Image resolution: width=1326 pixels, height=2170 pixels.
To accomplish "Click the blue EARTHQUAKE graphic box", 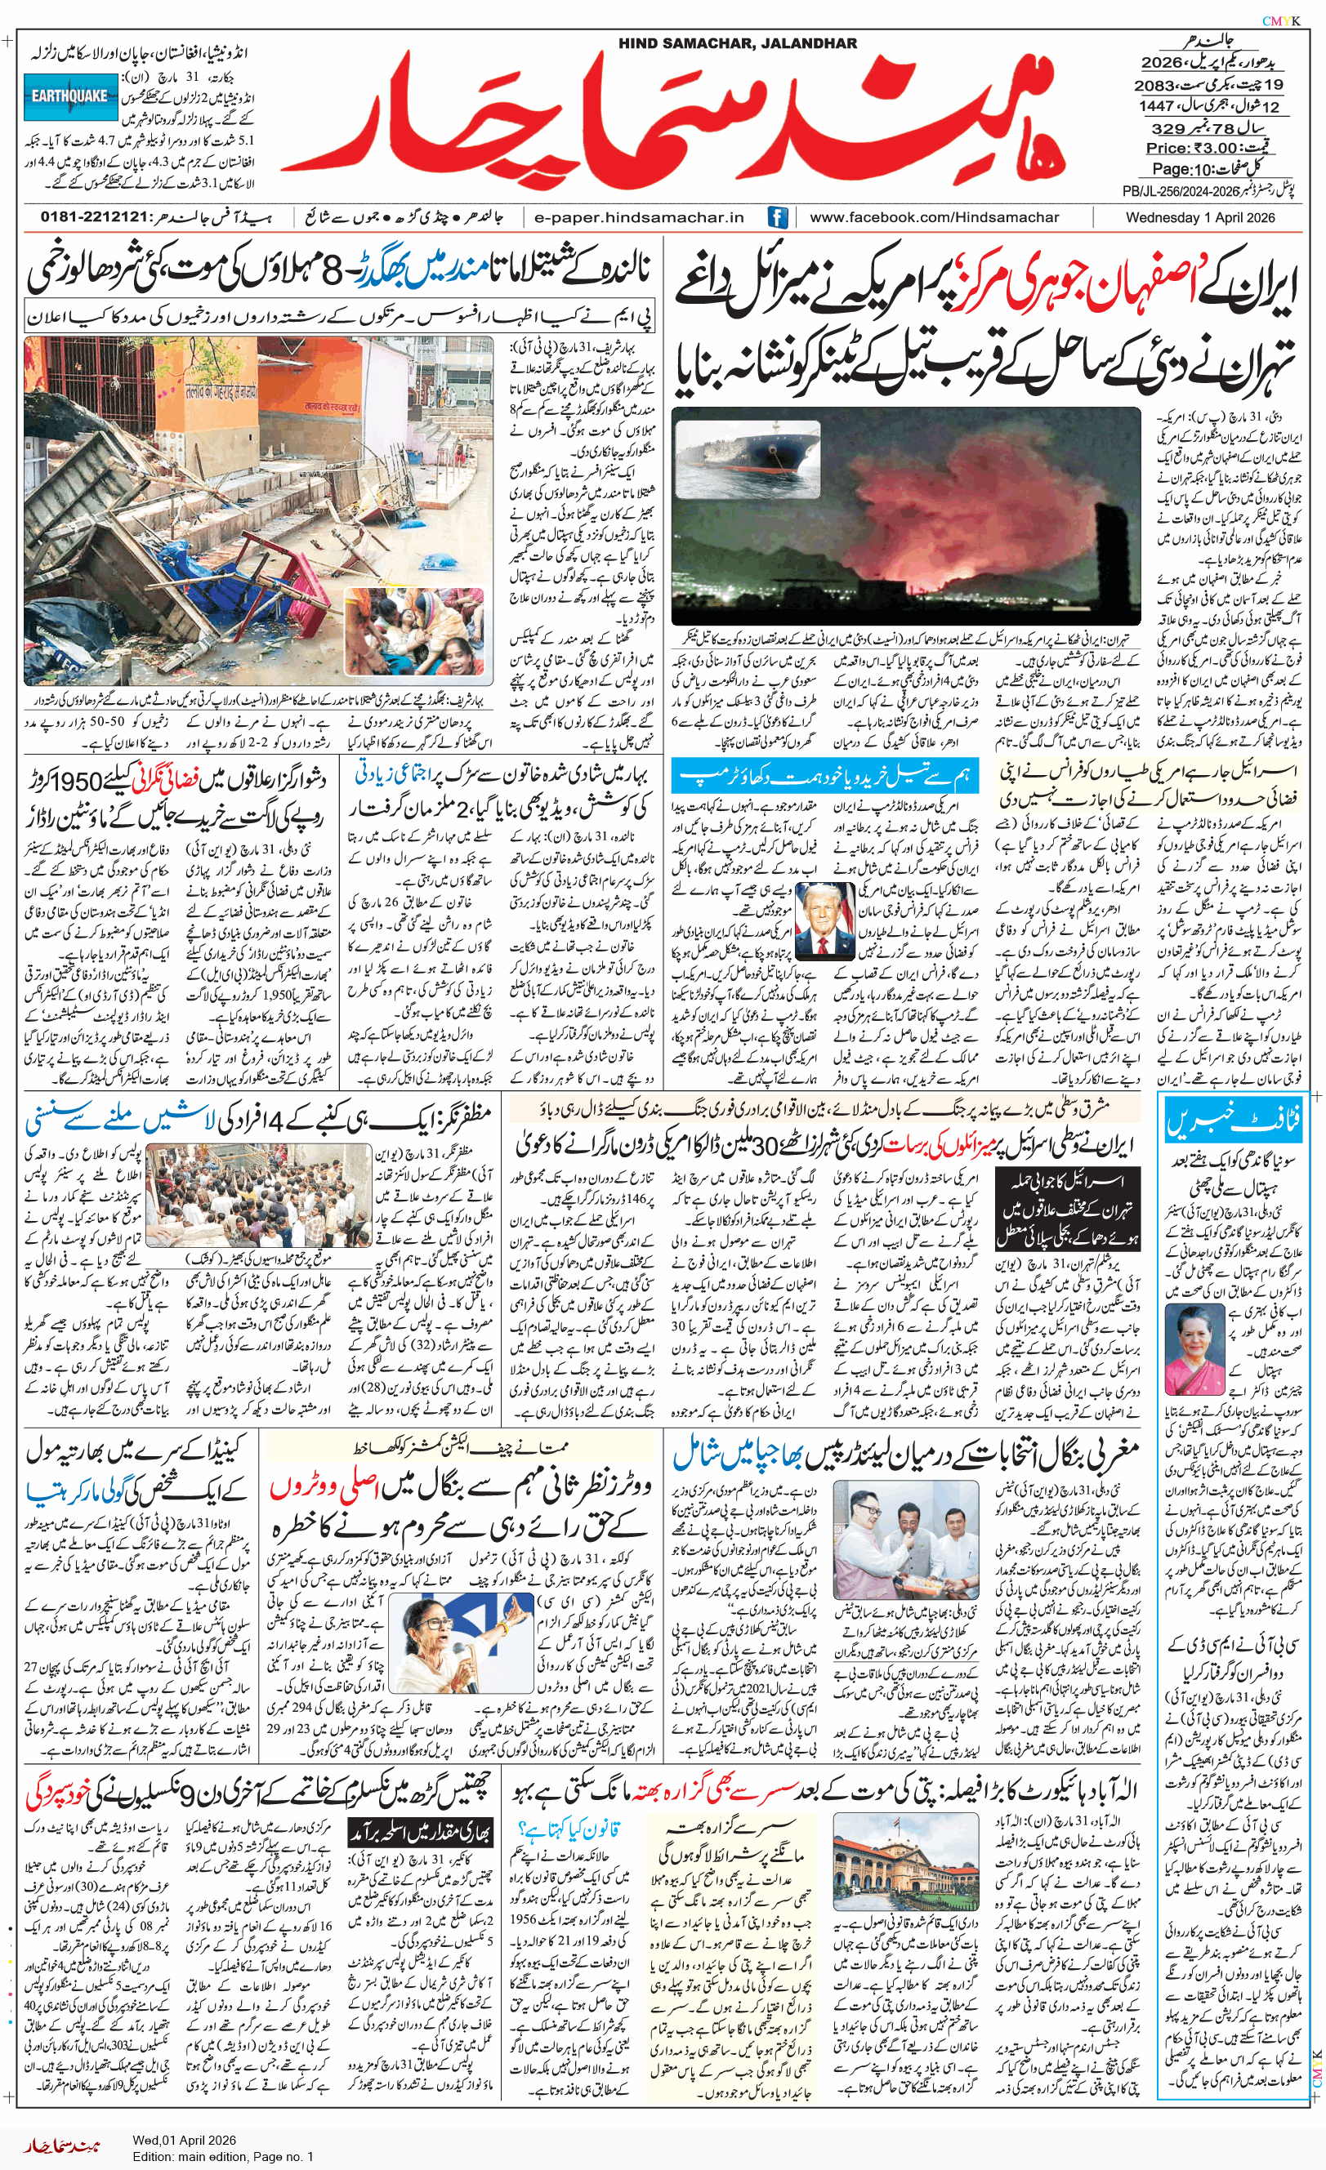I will click(x=70, y=97).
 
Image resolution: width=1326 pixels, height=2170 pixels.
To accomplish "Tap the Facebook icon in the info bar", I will click(x=777, y=216).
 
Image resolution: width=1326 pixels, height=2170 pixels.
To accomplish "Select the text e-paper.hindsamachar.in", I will click(x=639, y=216).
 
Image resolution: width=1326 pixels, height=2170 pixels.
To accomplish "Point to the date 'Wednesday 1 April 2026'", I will click(x=1199, y=216).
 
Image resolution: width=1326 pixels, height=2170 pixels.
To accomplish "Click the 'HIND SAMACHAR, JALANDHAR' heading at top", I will click(x=737, y=43).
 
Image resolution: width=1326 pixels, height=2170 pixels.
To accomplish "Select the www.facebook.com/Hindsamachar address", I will click(x=934, y=216).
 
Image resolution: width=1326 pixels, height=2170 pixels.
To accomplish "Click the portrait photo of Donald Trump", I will click(x=824, y=920).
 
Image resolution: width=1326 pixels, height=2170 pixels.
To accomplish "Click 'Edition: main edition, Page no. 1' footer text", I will click(x=223, y=2156).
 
